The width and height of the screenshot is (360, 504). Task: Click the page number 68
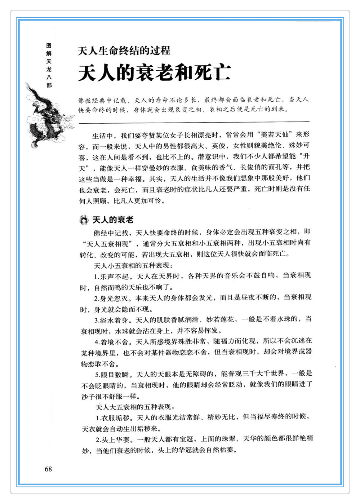[x=48, y=469]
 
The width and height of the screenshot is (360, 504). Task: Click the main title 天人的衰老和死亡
[x=155, y=73]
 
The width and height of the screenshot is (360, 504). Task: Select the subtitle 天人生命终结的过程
[x=124, y=50]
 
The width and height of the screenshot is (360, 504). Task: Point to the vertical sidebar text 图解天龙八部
[x=49, y=65]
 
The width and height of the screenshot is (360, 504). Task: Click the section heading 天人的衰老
[x=113, y=220]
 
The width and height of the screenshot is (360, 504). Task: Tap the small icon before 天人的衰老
[x=84, y=220]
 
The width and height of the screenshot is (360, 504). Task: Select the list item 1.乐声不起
[x=111, y=277]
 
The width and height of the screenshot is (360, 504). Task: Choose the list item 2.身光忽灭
[x=111, y=298]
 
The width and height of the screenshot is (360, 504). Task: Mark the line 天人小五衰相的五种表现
[x=133, y=266]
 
